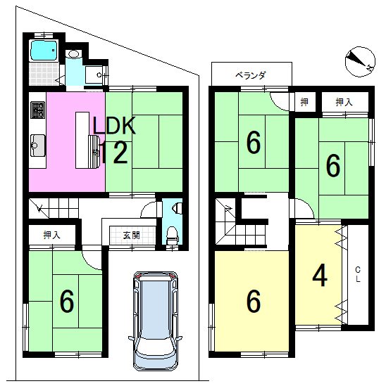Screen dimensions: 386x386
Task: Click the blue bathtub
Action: pos(44,50)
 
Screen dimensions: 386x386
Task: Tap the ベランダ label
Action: pos(251,75)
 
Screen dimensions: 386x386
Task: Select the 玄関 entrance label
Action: pos(132,236)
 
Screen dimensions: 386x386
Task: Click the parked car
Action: pos(155,321)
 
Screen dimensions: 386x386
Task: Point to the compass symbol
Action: pos(360,62)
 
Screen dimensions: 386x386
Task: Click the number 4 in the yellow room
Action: pos(320,276)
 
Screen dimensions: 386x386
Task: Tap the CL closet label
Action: pos(358,274)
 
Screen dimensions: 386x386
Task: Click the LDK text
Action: pos(114,126)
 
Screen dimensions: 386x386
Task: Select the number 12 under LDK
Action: pos(114,153)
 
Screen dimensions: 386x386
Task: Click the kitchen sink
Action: pos(38,146)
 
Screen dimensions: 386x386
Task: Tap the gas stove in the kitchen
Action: pos(38,110)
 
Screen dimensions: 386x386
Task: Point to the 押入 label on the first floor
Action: pos(52,235)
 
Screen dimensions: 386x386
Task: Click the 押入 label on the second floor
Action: pos(344,102)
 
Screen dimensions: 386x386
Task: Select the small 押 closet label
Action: pos(304,102)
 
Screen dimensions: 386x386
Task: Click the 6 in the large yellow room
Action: pos(254,301)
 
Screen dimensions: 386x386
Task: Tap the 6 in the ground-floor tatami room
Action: pos(67,301)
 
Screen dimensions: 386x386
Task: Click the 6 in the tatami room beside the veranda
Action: pos(254,142)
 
